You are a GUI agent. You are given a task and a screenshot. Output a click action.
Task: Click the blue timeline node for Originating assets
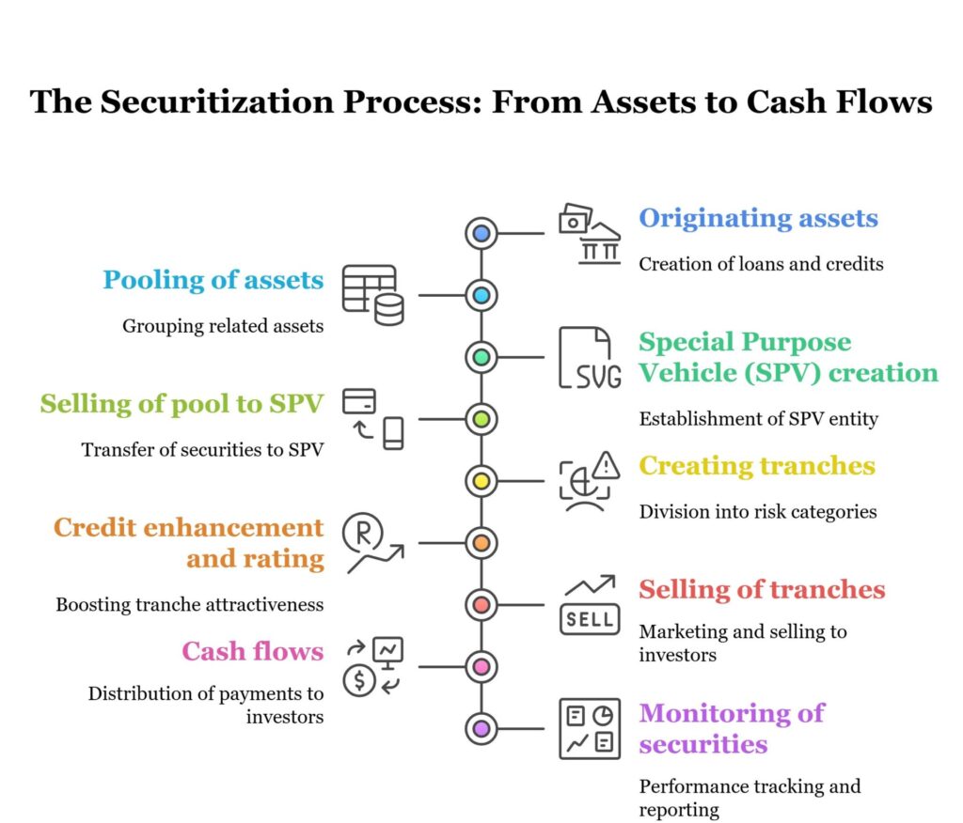[481, 233]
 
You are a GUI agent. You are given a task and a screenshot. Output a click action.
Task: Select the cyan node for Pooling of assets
[481, 295]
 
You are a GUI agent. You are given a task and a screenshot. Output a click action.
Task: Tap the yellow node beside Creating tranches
[481, 481]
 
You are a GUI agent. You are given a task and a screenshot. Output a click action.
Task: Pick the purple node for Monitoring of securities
[481, 728]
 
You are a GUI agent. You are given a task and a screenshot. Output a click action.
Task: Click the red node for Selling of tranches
[481, 604]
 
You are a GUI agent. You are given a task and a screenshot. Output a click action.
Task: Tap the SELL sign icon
[590, 618]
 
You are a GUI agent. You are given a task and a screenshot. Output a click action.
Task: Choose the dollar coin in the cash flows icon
[359, 681]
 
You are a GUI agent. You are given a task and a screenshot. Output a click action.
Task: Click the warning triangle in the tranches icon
[608, 464]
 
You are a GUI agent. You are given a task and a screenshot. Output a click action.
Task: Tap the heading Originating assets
[758, 218]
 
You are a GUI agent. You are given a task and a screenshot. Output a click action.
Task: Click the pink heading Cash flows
[252, 651]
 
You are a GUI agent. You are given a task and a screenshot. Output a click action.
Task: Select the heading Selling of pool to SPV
[182, 404]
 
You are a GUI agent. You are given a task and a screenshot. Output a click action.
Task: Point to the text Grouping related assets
[222, 326]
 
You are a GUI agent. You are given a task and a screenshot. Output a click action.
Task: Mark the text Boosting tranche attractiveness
[189, 604]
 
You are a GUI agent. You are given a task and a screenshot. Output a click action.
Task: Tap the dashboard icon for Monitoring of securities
[590, 728]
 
